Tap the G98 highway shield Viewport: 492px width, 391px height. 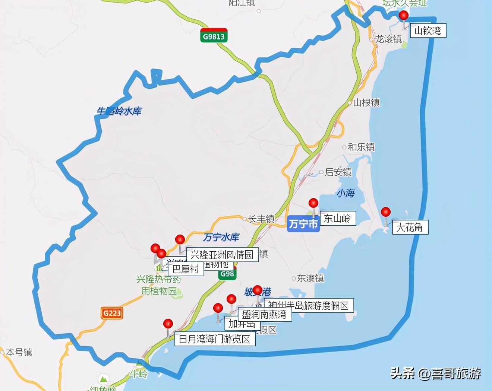(227, 274)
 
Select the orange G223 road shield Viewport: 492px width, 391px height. (112, 313)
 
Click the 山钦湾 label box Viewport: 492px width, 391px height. (428, 31)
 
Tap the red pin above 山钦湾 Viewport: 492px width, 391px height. (404, 16)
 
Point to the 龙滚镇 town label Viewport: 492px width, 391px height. (388, 39)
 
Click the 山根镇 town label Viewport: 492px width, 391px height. (366, 103)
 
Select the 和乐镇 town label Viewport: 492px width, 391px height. (361, 147)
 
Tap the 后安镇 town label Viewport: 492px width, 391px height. (338, 172)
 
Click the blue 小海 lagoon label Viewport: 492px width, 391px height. (346, 193)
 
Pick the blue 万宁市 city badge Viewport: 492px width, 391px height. (303, 224)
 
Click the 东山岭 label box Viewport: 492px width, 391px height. (337, 218)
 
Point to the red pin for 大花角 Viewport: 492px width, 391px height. (386, 212)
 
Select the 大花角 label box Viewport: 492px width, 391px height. (409, 227)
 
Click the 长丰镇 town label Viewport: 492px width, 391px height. (261, 219)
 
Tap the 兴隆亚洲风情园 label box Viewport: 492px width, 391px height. (222, 255)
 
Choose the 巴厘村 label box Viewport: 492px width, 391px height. (186, 269)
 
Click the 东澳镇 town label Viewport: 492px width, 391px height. (310, 278)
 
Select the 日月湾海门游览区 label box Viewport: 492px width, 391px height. (215, 339)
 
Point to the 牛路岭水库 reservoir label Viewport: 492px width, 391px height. (119, 111)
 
